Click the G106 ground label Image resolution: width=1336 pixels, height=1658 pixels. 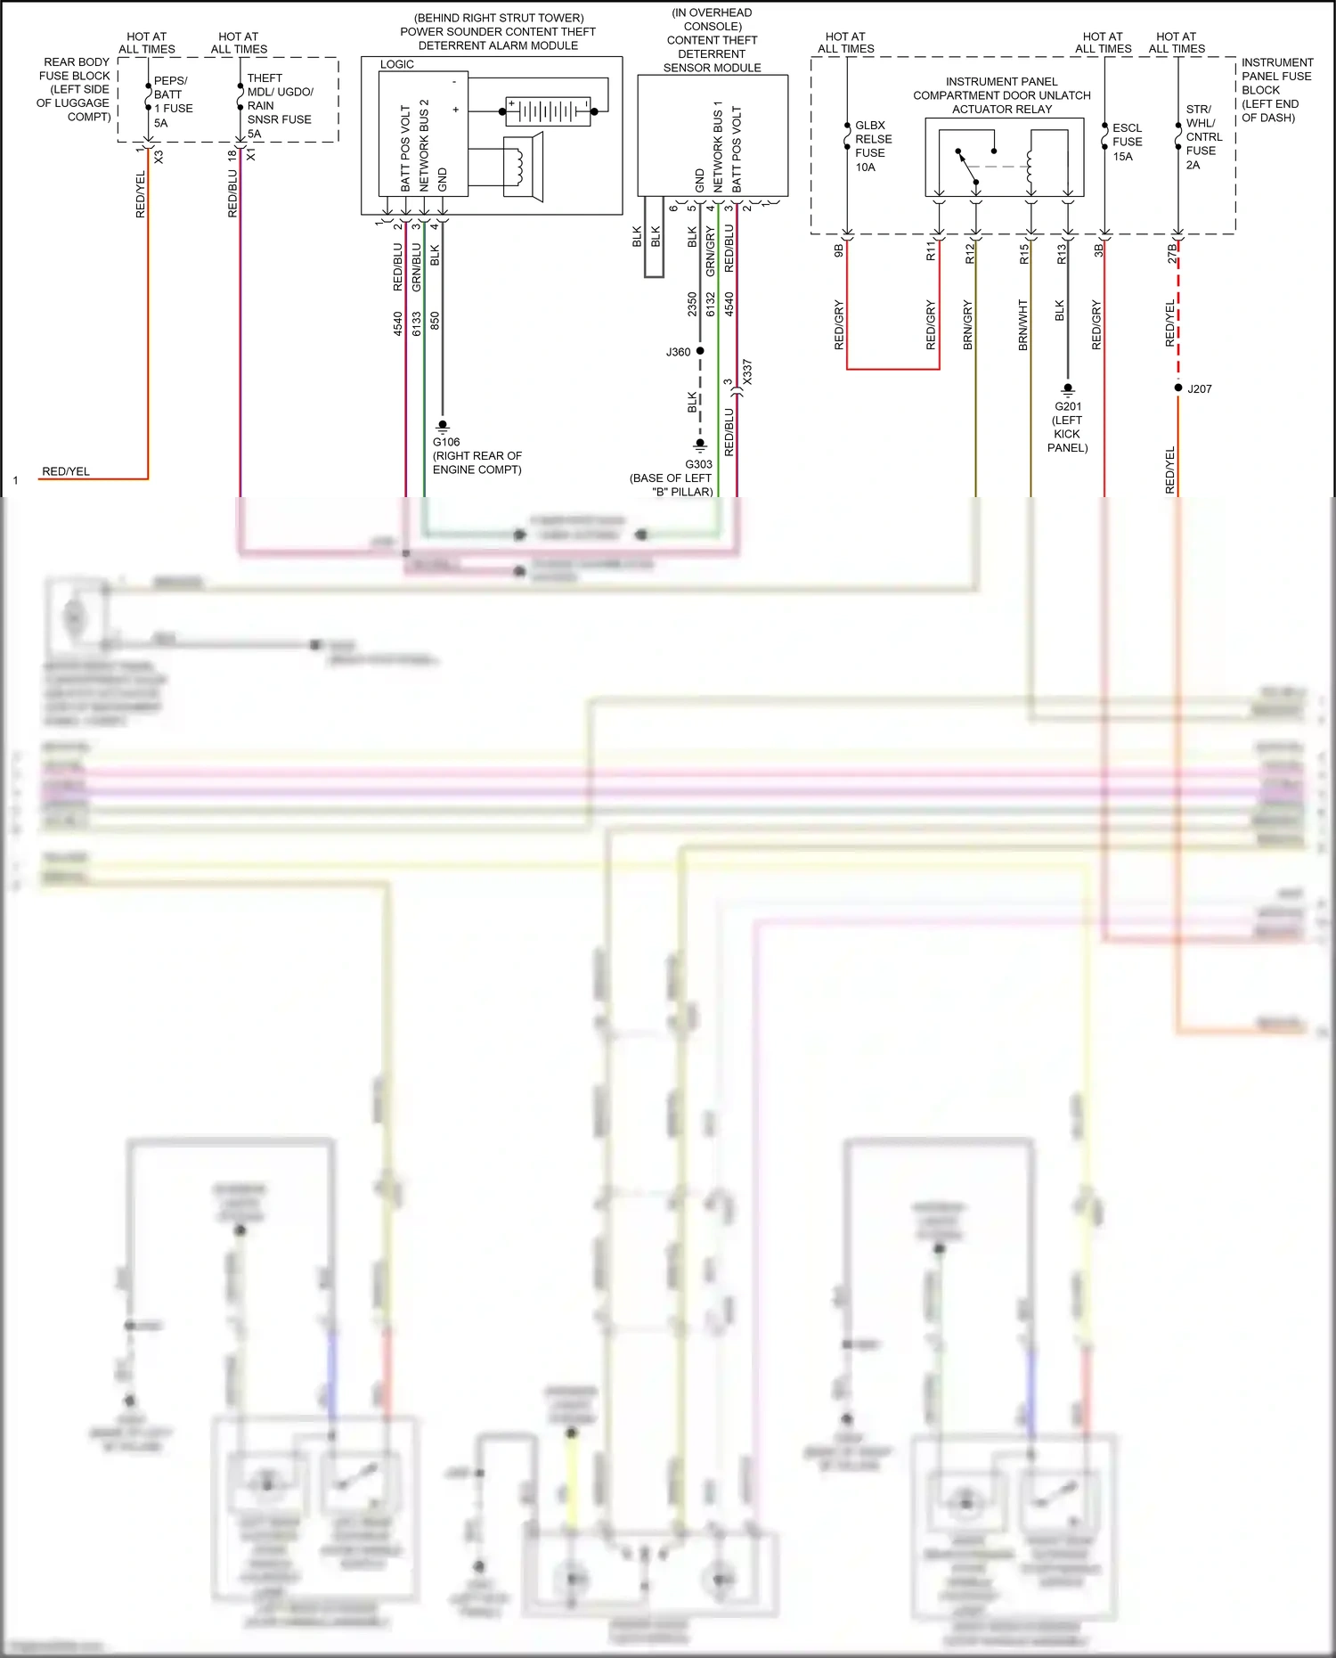[x=446, y=442]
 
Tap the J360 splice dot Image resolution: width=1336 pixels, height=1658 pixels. [x=700, y=351]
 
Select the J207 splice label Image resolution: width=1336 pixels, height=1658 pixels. [x=1199, y=389]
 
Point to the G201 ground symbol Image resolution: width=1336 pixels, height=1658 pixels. [x=1067, y=390]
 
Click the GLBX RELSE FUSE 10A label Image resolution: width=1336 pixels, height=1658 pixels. [x=872, y=146]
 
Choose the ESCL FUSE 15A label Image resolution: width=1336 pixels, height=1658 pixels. [x=1126, y=142]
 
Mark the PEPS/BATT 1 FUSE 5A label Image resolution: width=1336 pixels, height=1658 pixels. [x=172, y=102]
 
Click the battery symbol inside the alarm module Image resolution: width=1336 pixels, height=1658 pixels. [x=548, y=111]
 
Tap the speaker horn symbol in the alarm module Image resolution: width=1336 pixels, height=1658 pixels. [x=523, y=165]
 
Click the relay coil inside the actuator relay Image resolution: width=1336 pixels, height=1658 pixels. [x=1031, y=165]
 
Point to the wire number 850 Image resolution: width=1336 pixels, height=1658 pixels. [x=435, y=320]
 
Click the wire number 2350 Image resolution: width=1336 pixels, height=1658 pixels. [x=692, y=304]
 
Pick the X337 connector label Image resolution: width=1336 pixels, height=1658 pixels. [x=747, y=372]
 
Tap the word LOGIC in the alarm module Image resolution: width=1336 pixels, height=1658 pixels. [x=396, y=64]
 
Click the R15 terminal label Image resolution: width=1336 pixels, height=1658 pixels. [x=1024, y=255]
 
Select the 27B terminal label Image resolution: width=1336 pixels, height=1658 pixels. [x=1172, y=254]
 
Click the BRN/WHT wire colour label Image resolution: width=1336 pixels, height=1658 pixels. [x=1023, y=324]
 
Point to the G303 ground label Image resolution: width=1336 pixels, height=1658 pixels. [x=698, y=464]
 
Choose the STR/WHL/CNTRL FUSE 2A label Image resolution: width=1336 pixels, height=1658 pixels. [x=1202, y=136]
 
